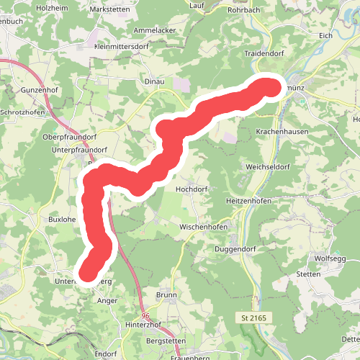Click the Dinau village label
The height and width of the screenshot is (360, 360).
[x=155, y=82]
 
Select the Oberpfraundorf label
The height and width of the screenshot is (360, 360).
[x=71, y=136]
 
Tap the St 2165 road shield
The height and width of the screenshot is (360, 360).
[x=253, y=318]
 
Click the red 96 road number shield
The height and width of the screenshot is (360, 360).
[x=146, y=317]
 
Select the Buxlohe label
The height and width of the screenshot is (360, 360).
[x=62, y=218]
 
